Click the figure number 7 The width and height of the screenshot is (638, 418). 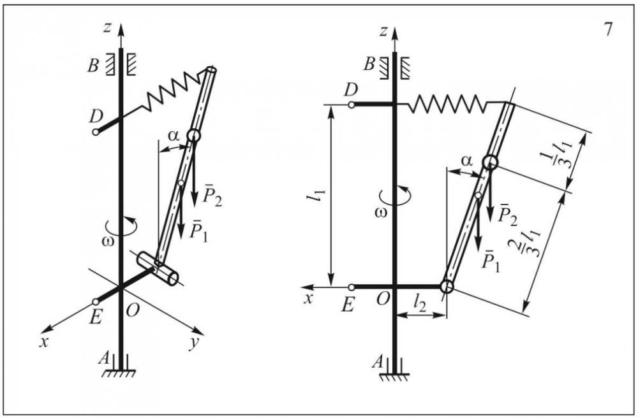[x=607, y=30]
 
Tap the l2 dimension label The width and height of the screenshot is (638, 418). [x=420, y=303]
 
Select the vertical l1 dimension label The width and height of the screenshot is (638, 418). [x=321, y=196]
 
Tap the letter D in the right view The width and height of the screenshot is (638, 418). [x=351, y=90]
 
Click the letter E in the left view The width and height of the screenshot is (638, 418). [x=95, y=317]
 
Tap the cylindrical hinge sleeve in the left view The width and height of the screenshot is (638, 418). [x=158, y=268]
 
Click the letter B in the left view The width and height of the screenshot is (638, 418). [x=93, y=66]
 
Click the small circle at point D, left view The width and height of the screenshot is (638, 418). [x=96, y=132]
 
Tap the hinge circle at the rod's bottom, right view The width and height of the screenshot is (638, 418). [x=447, y=286]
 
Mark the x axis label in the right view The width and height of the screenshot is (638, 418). [x=309, y=299]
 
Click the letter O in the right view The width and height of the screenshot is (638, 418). [x=382, y=299]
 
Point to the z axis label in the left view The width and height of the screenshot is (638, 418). [x=107, y=27]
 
